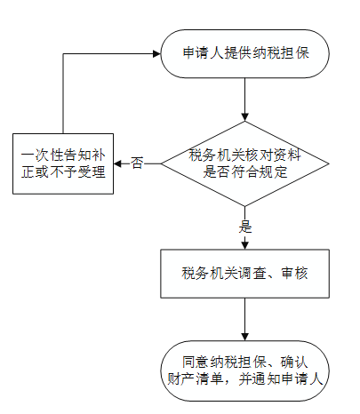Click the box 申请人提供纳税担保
pyautogui.click(x=244, y=53)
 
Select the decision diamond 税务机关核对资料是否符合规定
pyautogui.click(x=244, y=163)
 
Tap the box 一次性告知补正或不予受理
pyautogui.click(x=63, y=163)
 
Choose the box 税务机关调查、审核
pyautogui.click(x=244, y=274)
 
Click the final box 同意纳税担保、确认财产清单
pyautogui.click(x=244, y=370)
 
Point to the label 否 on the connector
pyautogui.click(x=137, y=163)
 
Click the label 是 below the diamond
pyautogui.click(x=245, y=227)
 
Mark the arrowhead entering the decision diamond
pyautogui.click(x=244, y=117)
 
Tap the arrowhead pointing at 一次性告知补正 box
pyautogui.click(x=117, y=163)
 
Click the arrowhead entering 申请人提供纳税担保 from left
pyautogui.click(x=156, y=53)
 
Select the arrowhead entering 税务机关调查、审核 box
pyautogui.click(x=244, y=245)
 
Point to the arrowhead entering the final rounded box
pyautogui.click(x=244, y=337)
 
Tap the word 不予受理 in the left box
pyautogui.click(x=77, y=172)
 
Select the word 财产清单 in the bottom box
pyautogui.click(x=196, y=379)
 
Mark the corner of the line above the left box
pyautogui.click(x=63, y=53)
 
